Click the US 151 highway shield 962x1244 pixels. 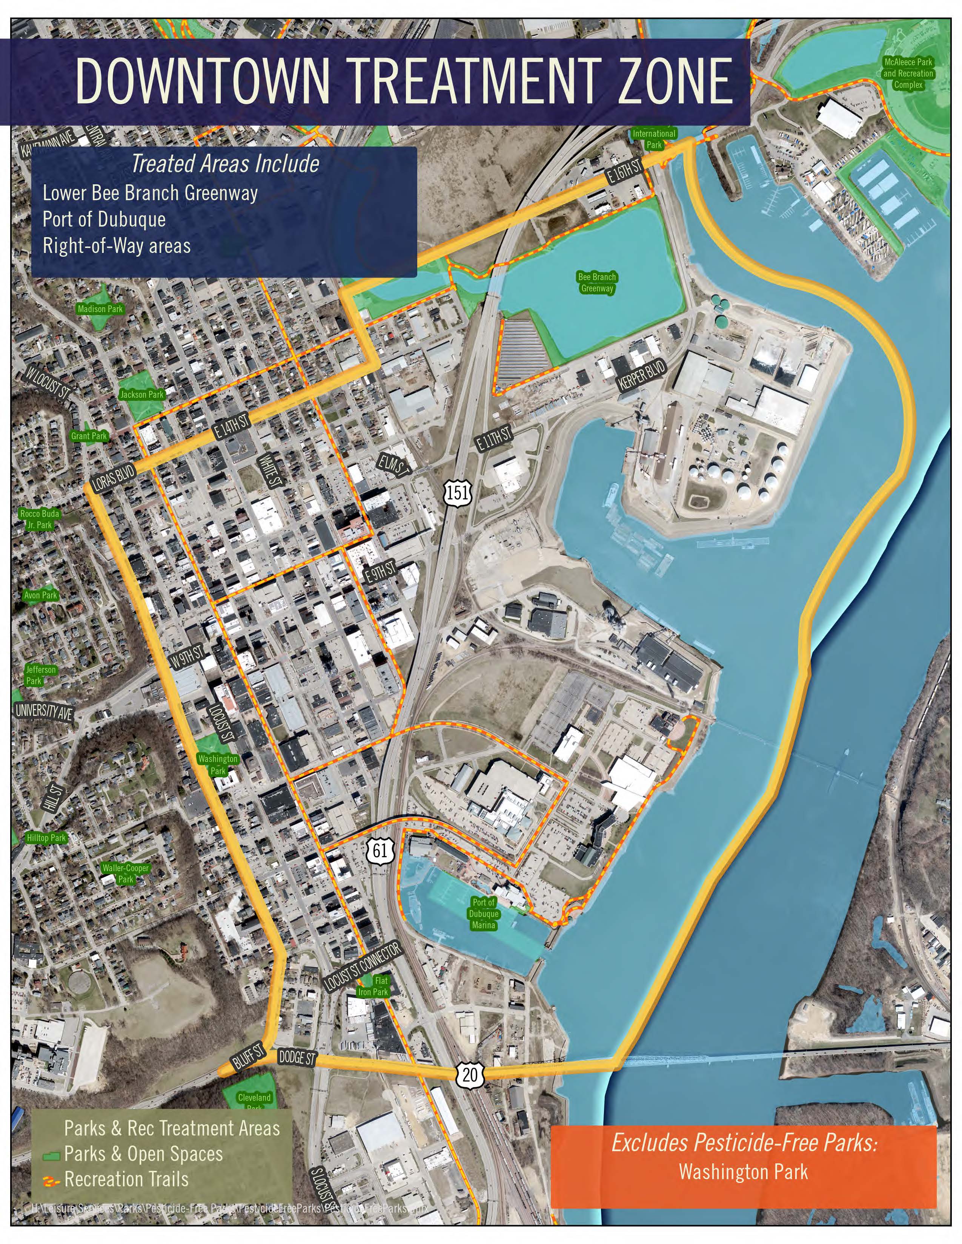pyautogui.click(x=458, y=492)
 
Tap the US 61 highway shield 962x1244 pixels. pyautogui.click(x=380, y=850)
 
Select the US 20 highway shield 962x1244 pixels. pyautogui.click(x=470, y=1074)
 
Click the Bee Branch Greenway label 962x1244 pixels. pyautogui.click(x=597, y=282)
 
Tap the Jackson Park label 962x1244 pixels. pyautogui.click(x=141, y=394)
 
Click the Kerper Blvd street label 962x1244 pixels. pyautogui.click(x=641, y=376)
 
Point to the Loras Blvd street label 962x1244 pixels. pyautogui.click(x=114, y=478)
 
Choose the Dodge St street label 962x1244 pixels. pyautogui.click(x=297, y=1058)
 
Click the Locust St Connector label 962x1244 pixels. pyautogui.click(x=363, y=966)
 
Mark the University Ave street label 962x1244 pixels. pyautogui.click(x=44, y=712)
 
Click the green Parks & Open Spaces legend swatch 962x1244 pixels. pyautogui.click(x=51, y=1155)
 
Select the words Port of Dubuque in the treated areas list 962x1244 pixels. pyautogui.click(x=104, y=219)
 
